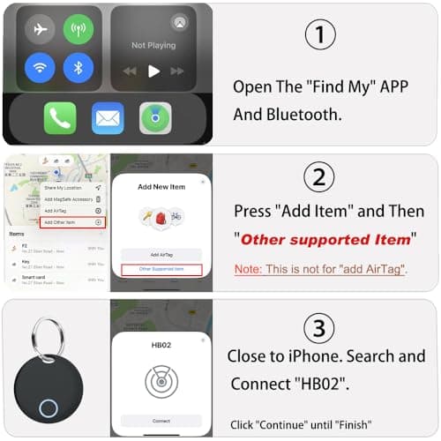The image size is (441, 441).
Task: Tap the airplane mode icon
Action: [40, 30]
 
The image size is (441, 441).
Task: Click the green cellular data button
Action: [78, 30]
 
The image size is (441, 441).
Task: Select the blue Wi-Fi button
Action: [40, 68]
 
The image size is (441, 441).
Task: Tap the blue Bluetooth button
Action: [78, 68]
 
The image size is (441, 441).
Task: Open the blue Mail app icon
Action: [108, 118]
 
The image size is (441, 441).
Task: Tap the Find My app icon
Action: [155, 118]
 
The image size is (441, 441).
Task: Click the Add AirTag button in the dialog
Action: [161, 254]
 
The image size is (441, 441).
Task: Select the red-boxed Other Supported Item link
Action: [161, 269]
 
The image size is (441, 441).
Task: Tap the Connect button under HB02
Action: [161, 421]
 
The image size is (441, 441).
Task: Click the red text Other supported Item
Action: [326, 239]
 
